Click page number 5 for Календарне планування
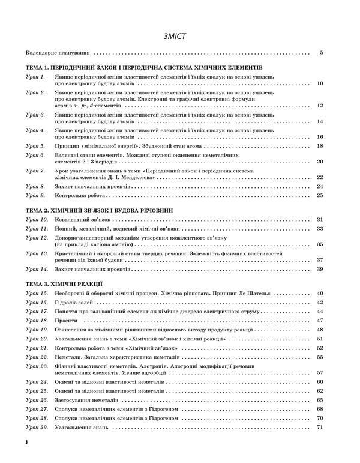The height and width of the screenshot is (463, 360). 322,53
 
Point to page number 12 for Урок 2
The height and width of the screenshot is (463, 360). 320,106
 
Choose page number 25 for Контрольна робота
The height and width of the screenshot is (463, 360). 320,195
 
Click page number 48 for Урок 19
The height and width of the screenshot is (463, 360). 320,330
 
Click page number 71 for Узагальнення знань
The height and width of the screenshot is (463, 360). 320,426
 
